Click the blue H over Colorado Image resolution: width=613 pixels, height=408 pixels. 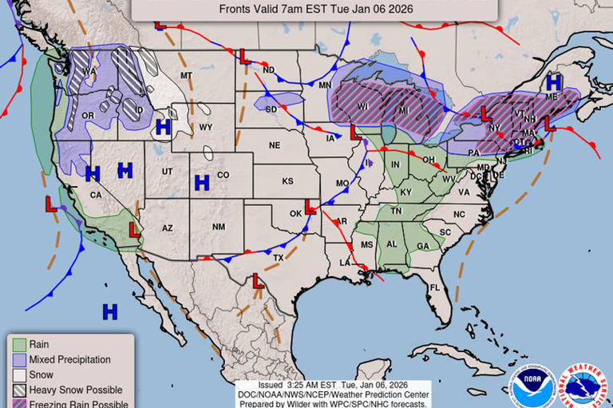coord(202,183)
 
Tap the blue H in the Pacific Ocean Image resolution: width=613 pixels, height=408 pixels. coord(109,311)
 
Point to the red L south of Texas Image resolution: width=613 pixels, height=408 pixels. coord(258,281)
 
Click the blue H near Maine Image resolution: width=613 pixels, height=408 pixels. coord(553,82)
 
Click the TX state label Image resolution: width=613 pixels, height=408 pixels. coord(279,258)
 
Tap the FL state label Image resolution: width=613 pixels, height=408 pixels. coord(435,287)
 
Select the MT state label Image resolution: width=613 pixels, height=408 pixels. coord(187,76)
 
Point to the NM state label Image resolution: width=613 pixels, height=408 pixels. coord(218,228)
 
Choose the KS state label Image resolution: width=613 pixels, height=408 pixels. coord(287,181)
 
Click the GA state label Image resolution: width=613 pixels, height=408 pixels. coord(422,246)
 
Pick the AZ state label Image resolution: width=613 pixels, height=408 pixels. coord(168,228)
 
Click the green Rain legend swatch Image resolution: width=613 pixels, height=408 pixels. coord(19,344)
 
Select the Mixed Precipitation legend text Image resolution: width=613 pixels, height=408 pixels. coord(69,359)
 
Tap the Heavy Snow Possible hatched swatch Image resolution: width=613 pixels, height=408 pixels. coord(19,390)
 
